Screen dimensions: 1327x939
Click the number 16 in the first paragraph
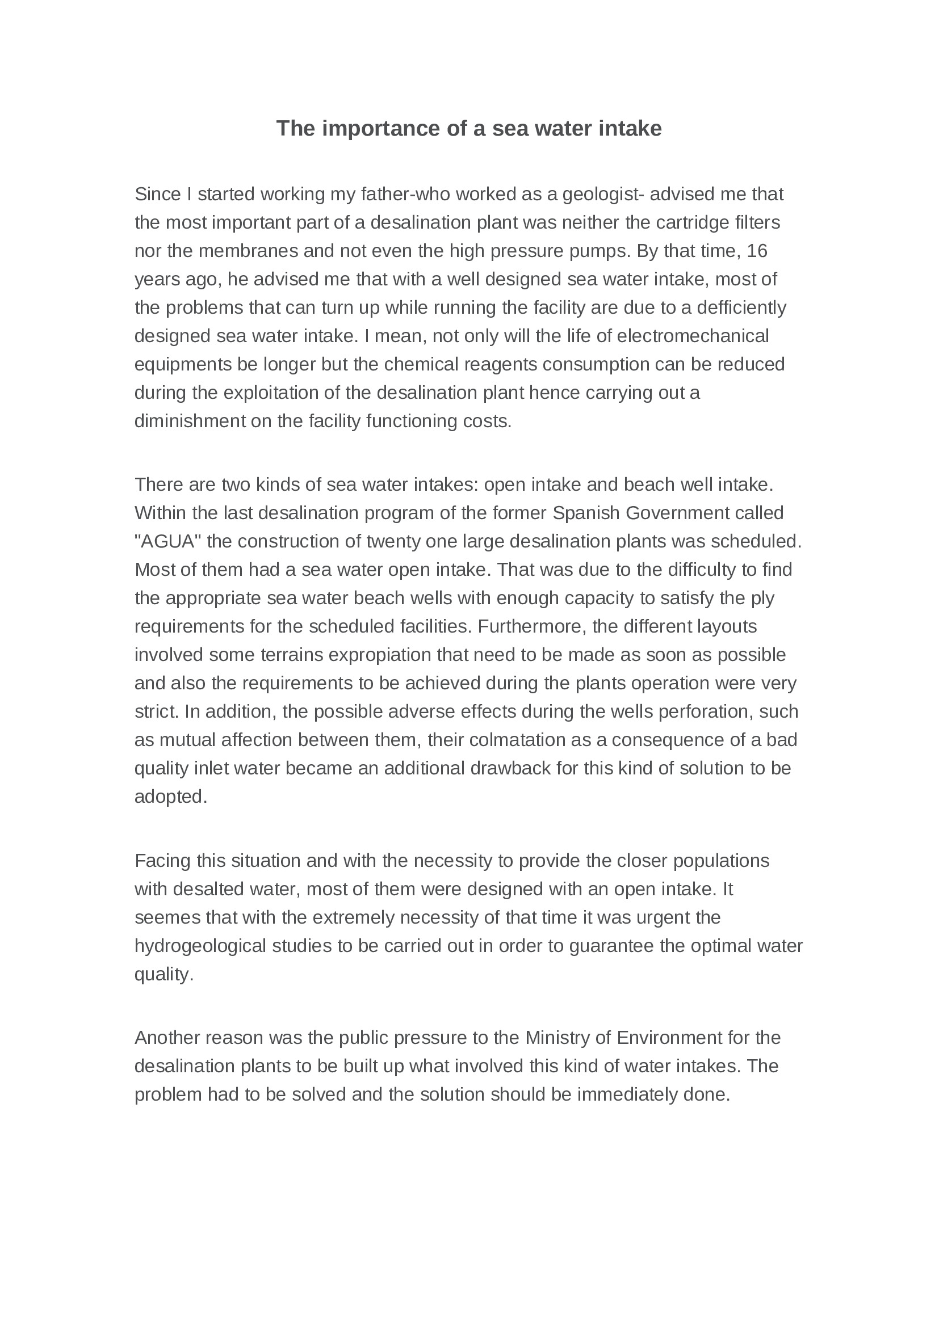[757, 251]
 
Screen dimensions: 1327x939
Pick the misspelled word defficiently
[742, 307]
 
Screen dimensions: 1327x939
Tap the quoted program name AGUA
[168, 542]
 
